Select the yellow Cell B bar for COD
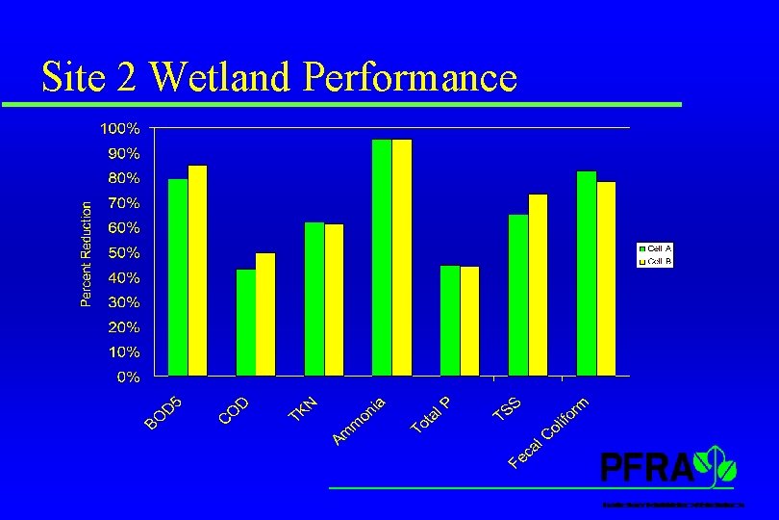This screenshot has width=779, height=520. pyautogui.click(x=265, y=314)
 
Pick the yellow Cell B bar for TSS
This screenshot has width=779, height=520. pyautogui.click(x=538, y=285)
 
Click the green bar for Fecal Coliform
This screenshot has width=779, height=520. pyautogui.click(x=587, y=273)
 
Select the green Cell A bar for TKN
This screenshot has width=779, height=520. pyautogui.click(x=314, y=299)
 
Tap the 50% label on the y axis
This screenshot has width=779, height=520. pyautogui.click(x=123, y=252)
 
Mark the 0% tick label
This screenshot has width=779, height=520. pyautogui.click(x=127, y=377)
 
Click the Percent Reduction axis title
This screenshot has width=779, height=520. pyautogui.click(x=86, y=254)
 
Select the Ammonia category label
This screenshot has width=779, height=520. pyautogui.click(x=360, y=421)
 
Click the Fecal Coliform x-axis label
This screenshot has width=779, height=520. pyautogui.click(x=548, y=432)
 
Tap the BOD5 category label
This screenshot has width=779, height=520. pyautogui.click(x=163, y=408)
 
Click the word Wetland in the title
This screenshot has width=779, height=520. pyautogui.click(x=221, y=77)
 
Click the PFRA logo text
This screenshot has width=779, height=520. pyautogui.click(x=646, y=468)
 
